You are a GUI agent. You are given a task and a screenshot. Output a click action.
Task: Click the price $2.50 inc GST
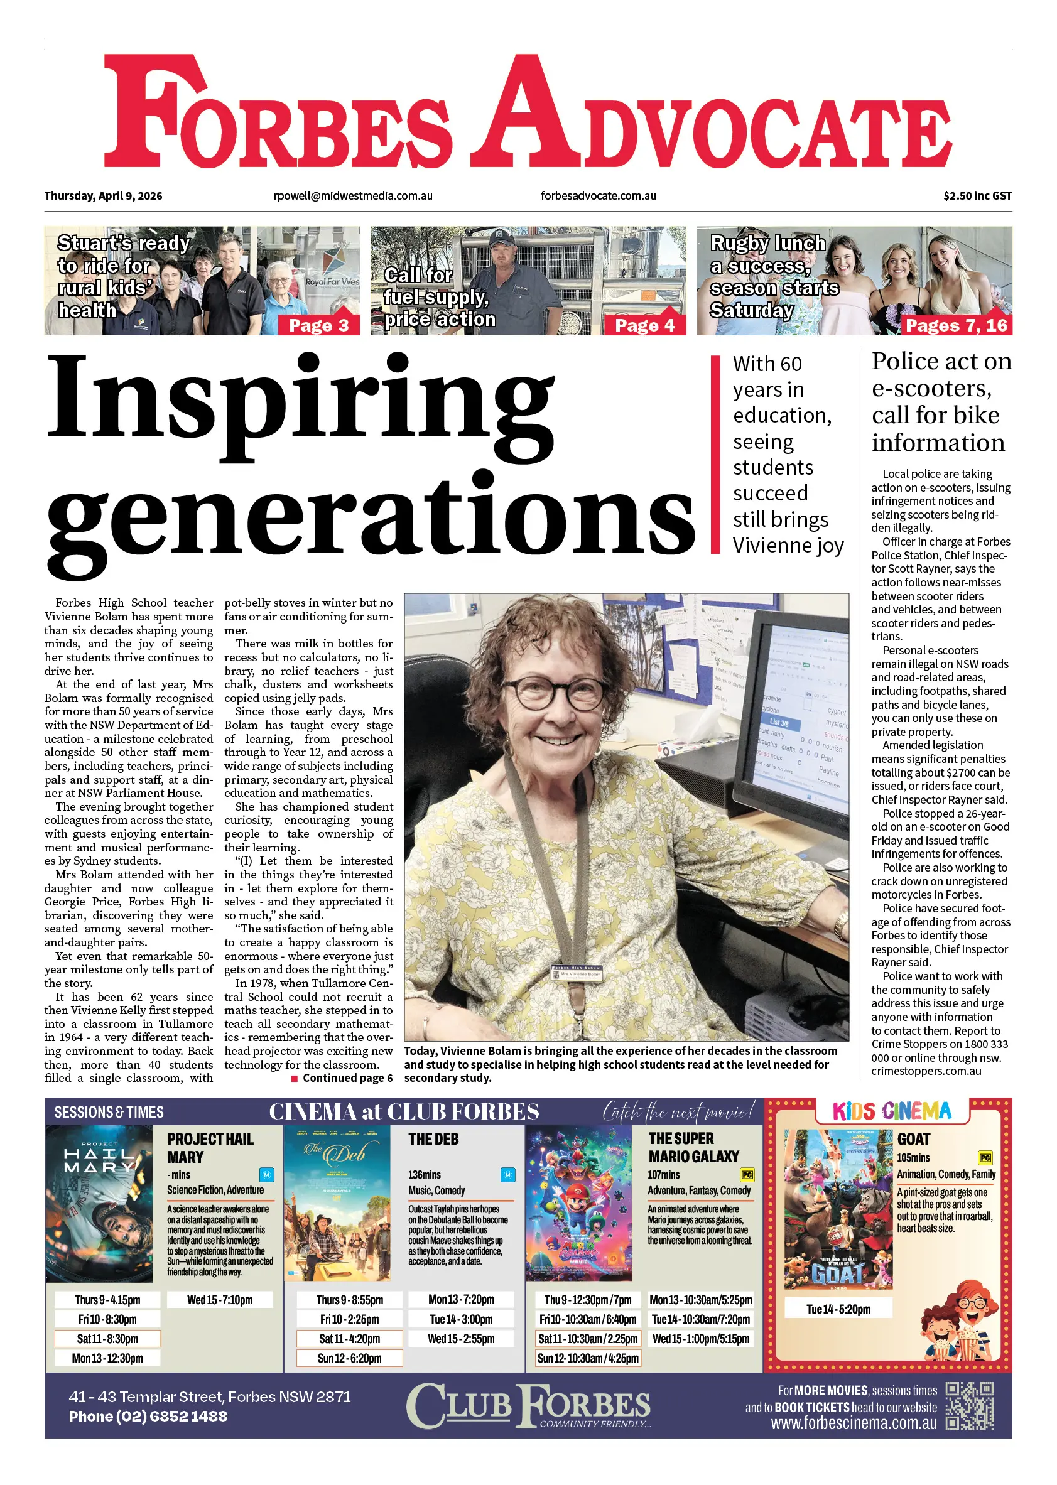977,196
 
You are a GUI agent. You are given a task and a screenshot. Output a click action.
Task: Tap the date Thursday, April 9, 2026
104,196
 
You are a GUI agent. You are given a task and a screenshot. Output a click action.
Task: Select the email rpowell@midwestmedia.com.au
353,196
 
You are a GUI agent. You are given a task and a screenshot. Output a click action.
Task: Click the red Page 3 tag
319,325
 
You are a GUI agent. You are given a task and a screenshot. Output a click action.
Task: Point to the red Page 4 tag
645,325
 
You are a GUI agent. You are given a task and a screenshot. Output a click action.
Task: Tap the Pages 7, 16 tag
956,325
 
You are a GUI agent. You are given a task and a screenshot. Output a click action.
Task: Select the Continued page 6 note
342,1078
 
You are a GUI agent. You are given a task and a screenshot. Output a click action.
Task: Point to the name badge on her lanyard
577,973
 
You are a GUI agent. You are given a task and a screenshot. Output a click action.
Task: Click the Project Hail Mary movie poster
99,1204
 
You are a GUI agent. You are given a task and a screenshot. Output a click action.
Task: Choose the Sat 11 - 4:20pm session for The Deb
350,1339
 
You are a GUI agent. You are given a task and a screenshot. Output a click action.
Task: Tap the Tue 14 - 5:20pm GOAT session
838,1309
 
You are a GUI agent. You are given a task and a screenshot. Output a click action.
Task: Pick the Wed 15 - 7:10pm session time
220,1300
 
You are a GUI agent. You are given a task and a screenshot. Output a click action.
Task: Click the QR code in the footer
969,1407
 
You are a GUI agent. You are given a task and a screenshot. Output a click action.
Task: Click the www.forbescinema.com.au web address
854,1423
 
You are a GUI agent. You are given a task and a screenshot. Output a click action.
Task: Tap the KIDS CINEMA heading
892,1111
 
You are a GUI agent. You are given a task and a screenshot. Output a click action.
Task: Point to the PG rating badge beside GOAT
985,1158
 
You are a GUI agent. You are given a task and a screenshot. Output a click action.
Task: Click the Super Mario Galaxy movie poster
578,1204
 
